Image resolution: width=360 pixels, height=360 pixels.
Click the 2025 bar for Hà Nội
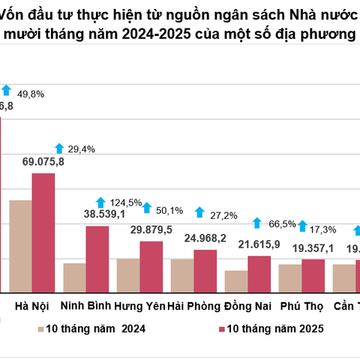43,232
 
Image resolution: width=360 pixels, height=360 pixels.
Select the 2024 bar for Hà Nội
20,246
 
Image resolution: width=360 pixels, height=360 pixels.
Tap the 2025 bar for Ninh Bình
97,259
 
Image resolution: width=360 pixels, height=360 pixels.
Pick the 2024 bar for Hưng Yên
128,275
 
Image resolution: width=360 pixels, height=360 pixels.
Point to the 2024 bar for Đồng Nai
236,281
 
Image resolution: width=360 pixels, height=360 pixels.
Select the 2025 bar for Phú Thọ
313,275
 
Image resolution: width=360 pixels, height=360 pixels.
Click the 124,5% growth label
126,202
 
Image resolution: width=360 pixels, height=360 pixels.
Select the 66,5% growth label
280,223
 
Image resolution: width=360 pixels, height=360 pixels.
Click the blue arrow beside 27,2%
199,214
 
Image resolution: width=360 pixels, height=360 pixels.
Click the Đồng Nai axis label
247,306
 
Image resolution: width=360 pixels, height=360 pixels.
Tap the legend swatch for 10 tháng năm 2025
220,328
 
